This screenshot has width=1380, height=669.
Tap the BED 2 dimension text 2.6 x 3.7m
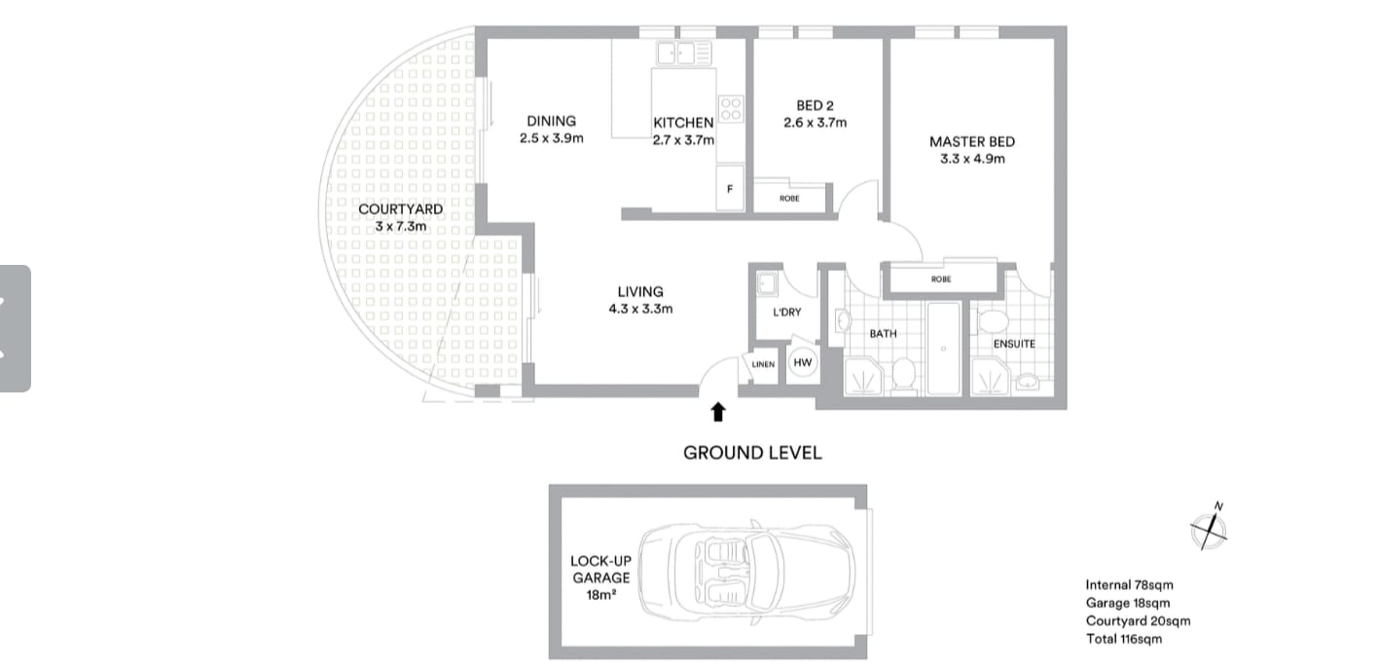pyautogui.click(x=815, y=123)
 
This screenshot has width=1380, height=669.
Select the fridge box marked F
pyautogui.click(x=730, y=188)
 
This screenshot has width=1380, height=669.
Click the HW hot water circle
pyautogui.click(x=802, y=363)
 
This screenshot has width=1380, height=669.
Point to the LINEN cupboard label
pyautogui.click(x=764, y=365)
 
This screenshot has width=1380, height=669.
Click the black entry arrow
pyautogui.click(x=718, y=412)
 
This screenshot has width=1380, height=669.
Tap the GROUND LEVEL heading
pyautogui.click(x=751, y=453)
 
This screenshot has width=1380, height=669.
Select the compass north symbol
pyautogui.click(x=1209, y=528)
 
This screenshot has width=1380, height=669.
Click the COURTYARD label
pyautogui.click(x=400, y=209)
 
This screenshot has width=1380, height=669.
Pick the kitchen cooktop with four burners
pyautogui.click(x=731, y=107)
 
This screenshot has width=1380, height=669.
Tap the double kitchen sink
pyautogui.click(x=684, y=53)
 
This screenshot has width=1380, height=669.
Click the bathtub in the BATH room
pyautogui.click(x=943, y=349)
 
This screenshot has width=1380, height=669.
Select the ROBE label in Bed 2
pyautogui.click(x=789, y=199)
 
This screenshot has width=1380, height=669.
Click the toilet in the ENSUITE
pyautogui.click(x=993, y=323)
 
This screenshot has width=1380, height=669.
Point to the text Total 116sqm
pyautogui.click(x=1124, y=639)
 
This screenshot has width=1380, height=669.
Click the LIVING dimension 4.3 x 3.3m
pyautogui.click(x=639, y=309)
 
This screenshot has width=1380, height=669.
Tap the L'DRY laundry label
pyautogui.click(x=786, y=313)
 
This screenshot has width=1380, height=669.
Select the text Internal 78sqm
pyautogui.click(x=1129, y=585)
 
